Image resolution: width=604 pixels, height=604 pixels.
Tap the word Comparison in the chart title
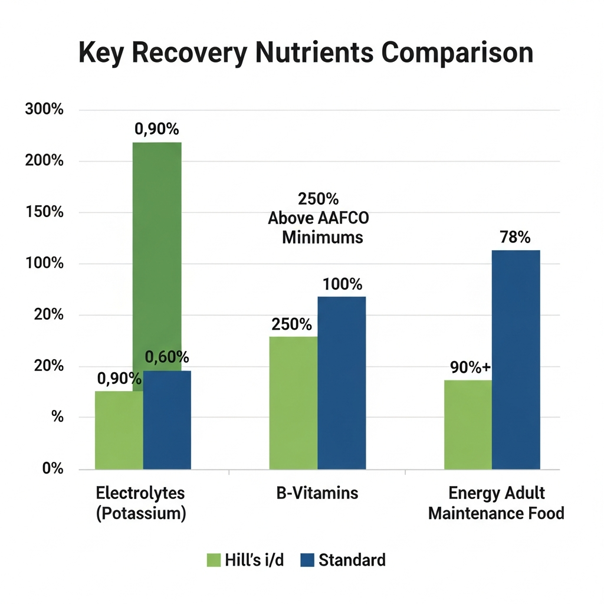pos(457,52)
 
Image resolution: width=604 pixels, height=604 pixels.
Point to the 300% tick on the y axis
pos(44,109)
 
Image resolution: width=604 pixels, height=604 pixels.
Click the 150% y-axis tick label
pos(44,212)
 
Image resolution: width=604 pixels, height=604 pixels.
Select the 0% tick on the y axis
pos(52,468)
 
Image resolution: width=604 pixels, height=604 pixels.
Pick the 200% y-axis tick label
pos(44,160)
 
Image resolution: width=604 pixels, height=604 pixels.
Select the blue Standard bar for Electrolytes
pos(167,420)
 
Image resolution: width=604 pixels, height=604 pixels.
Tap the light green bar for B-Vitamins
pos(294,403)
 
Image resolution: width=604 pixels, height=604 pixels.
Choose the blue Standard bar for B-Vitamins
pos(342,383)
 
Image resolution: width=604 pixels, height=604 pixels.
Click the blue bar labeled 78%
pos(516,360)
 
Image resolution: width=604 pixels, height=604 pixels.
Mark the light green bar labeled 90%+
pos(468,425)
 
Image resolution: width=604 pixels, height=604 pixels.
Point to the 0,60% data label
pos(167,357)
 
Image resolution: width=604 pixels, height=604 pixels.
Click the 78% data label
pos(515,237)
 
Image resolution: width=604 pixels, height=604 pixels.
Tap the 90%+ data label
pos(470,367)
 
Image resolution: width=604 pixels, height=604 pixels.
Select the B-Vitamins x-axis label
pos(317,493)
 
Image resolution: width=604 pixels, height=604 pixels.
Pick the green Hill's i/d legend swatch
pos(214,560)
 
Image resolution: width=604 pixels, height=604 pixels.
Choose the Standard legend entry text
pos(352,560)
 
